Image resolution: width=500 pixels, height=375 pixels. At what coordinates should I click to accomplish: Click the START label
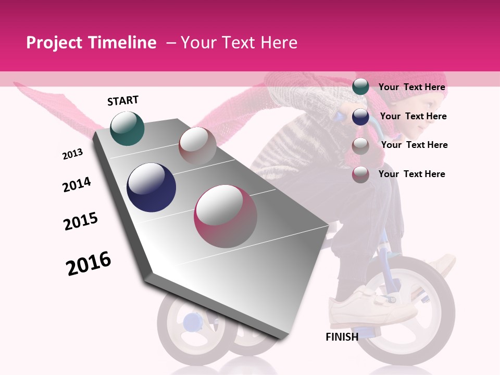123,101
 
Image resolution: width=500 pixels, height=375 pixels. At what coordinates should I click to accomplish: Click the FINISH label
342,337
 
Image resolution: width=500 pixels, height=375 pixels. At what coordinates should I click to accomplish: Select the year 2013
72,154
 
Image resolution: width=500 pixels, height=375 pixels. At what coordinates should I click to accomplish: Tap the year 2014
77,185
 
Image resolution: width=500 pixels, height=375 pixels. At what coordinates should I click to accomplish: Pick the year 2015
81,221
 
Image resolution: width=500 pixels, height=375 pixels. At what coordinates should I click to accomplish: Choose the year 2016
89,264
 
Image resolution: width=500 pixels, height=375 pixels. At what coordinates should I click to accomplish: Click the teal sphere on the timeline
127,128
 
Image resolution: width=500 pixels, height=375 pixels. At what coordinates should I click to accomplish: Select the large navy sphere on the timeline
151,187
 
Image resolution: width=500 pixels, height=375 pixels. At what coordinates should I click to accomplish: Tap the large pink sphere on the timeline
226,216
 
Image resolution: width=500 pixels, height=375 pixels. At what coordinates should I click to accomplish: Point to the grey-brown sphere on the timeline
197,145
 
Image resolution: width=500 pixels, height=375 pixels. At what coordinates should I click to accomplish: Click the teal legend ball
360,87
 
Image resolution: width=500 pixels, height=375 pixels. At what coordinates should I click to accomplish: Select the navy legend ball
360,117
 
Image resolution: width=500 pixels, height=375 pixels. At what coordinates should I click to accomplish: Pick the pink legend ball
360,174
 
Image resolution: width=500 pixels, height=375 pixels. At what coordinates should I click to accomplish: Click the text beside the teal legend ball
411,87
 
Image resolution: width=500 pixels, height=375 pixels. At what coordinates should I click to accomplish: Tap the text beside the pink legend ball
411,174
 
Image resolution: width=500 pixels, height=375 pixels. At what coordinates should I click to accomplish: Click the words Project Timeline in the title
91,43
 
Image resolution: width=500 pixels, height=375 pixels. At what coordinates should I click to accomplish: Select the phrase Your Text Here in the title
239,43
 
